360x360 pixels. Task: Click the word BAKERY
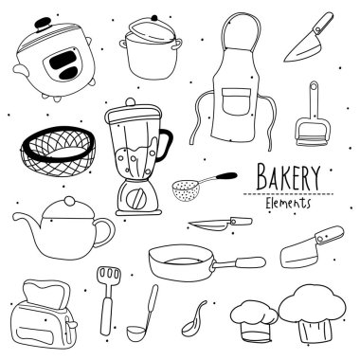coord(288,177)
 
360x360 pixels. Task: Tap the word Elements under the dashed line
coord(288,203)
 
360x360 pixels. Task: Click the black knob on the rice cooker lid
coord(43,24)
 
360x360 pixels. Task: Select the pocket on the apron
coord(237,101)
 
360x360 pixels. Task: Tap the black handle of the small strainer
coord(226,176)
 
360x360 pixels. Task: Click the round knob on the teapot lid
coord(69,201)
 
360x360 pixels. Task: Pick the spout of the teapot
coord(27,219)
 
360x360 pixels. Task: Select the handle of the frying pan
coord(239,263)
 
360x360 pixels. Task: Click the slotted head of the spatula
coord(109,277)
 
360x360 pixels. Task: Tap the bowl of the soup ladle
coord(136,332)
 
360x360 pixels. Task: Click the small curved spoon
coord(193,319)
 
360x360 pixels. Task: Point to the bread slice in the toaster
coord(46,295)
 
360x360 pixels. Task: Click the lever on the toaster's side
coord(71,324)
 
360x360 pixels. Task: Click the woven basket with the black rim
coord(58,152)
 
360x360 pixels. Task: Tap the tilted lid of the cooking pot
coord(153,29)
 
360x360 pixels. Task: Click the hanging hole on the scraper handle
coord(314,86)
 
